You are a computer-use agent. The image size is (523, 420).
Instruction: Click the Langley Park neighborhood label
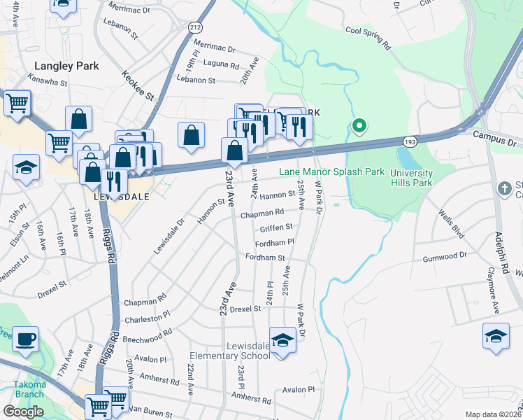pyautogui.click(x=67, y=66)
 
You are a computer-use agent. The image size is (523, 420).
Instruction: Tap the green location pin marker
pyautogui.click(x=359, y=127)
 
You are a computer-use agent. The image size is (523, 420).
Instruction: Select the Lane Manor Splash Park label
pyautogui.click(x=332, y=171)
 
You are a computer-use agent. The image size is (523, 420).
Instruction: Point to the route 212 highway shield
pyautogui.click(x=194, y=27)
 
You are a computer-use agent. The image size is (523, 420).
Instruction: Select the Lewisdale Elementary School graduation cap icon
pyautogui.click(x=282, y=341)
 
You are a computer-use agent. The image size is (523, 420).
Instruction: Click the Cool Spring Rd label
pyautogui.click(x=367, y=38)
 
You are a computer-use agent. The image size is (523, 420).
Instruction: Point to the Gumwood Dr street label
pyautogui.click(x=443, y=258)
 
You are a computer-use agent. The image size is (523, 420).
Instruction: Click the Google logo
pyautogui.click(x=23, y=412)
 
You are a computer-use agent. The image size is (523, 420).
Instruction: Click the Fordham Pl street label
pyautogui.click(x=275, y=241)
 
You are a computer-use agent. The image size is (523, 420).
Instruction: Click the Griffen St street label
pyautogui.click(x=275, y=227)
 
